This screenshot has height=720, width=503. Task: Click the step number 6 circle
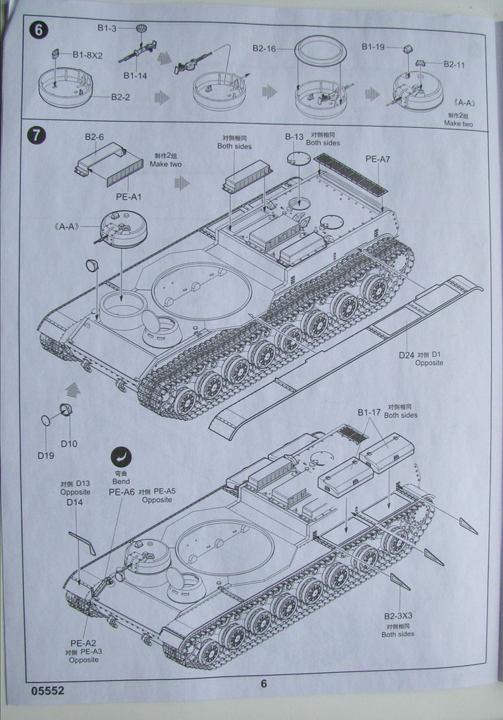[x=37, y=31]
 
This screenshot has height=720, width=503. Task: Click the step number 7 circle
[x=37, y=135]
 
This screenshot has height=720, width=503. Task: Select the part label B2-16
[x=265, y=49]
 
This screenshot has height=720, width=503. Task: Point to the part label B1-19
[x=373, y=46]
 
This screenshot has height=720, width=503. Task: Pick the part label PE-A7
[x=377, y=160]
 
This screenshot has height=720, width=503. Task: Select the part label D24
[x=406, y=355]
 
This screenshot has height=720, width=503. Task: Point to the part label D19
[x=46, y=455]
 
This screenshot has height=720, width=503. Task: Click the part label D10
[x=69, y=444]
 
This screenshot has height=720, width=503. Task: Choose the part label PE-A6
[x=121, y=492]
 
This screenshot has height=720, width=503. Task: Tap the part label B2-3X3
[x=398, y=615]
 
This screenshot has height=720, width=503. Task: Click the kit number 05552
[x=48, y=690]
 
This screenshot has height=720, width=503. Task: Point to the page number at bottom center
[x=263, y=683]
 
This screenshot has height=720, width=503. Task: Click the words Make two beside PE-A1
[x=165, y=165]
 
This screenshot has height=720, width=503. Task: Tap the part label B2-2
[x=120, y=97]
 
